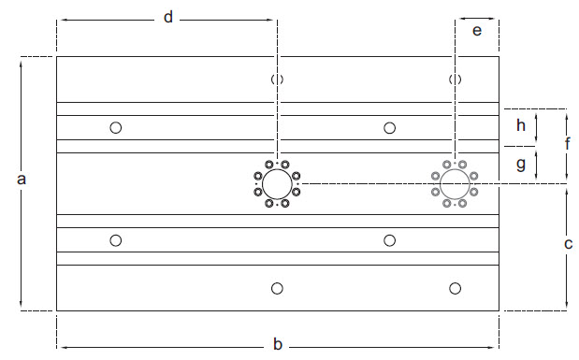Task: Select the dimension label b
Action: click(278, 344)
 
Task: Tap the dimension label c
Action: click(568, 245)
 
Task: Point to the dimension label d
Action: click(168, 18)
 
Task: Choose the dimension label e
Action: click(477, 31)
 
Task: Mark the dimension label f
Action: click(568, 144)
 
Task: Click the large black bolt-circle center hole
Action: click(276, 182)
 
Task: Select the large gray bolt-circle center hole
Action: click(455, 182)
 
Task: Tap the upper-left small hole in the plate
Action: click(116, 127)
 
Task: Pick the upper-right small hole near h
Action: click(390, 127)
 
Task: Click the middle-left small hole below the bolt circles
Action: click(116, 240)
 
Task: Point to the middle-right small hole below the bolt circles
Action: click(390, 240)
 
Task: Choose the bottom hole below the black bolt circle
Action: click(277, 288)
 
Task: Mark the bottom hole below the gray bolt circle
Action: click(456, 288)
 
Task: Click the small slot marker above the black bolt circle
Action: click(277, 79)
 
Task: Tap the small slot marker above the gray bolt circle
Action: click(456, 79)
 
